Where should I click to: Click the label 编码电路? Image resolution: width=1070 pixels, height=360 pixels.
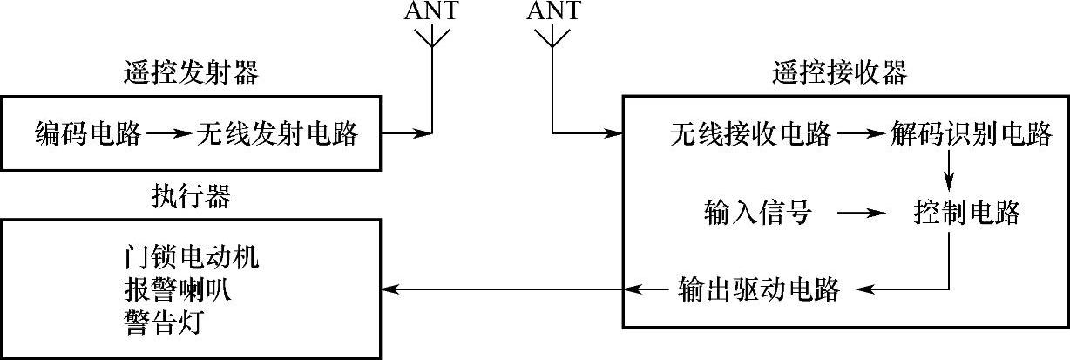88,134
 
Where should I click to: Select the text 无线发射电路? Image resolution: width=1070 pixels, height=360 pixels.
277,134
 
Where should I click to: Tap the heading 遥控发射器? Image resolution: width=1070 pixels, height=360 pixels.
192,74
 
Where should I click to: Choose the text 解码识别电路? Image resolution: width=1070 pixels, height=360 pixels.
972,134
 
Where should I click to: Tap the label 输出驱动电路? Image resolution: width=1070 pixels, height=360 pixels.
758,289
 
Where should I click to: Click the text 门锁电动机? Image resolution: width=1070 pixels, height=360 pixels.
193,259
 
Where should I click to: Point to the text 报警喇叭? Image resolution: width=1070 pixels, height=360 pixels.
179,290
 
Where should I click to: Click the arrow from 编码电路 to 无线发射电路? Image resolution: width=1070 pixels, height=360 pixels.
167,134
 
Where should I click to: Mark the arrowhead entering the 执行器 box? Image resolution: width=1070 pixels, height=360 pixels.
389,289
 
